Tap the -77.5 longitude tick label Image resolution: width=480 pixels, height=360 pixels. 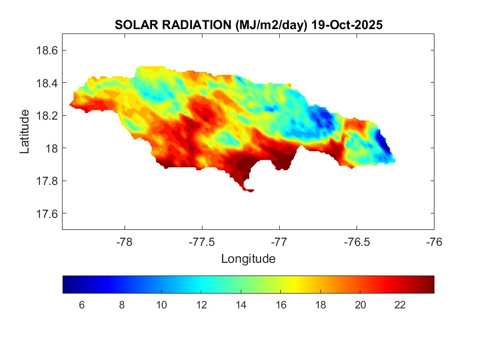(202, 242)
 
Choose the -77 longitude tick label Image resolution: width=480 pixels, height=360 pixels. (279, 242)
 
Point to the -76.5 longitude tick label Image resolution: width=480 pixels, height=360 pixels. (357, 242)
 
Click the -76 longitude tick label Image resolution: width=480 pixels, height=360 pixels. (434, 242)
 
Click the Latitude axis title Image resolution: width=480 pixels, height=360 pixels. (25, 131)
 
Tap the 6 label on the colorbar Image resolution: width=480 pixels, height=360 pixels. (82, 306)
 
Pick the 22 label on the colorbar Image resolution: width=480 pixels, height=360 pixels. (400, 306)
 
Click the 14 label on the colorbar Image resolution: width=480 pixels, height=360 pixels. (241, 306)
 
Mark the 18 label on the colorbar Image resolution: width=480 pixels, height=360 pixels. (320, 306)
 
